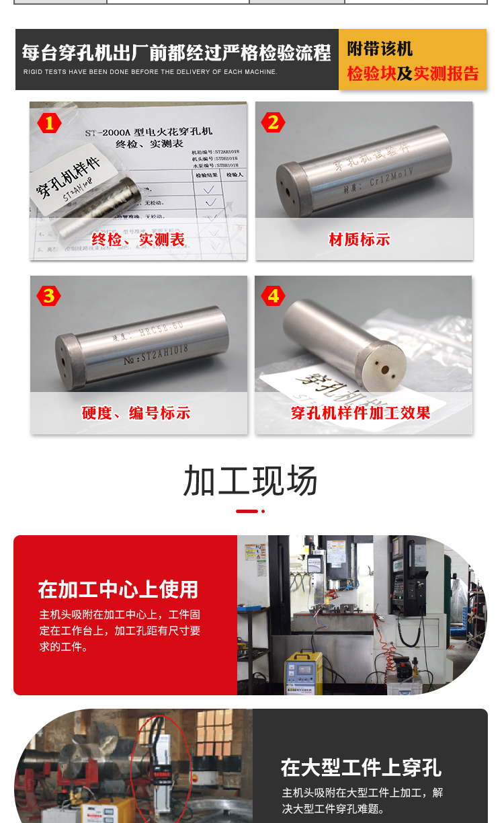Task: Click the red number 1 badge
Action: [49, 122]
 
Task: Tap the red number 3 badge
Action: [49, 296]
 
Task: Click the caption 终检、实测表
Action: [138, 240]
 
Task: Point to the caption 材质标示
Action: [360, 240]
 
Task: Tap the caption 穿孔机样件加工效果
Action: [361, 413]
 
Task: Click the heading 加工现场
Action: [251, 481]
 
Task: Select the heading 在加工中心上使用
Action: [118, 590]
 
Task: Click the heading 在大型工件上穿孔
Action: [361, 767]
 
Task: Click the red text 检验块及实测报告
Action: [413, 73]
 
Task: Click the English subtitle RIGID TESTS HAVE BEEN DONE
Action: [150, 72]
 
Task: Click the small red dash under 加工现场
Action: [247, 511]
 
